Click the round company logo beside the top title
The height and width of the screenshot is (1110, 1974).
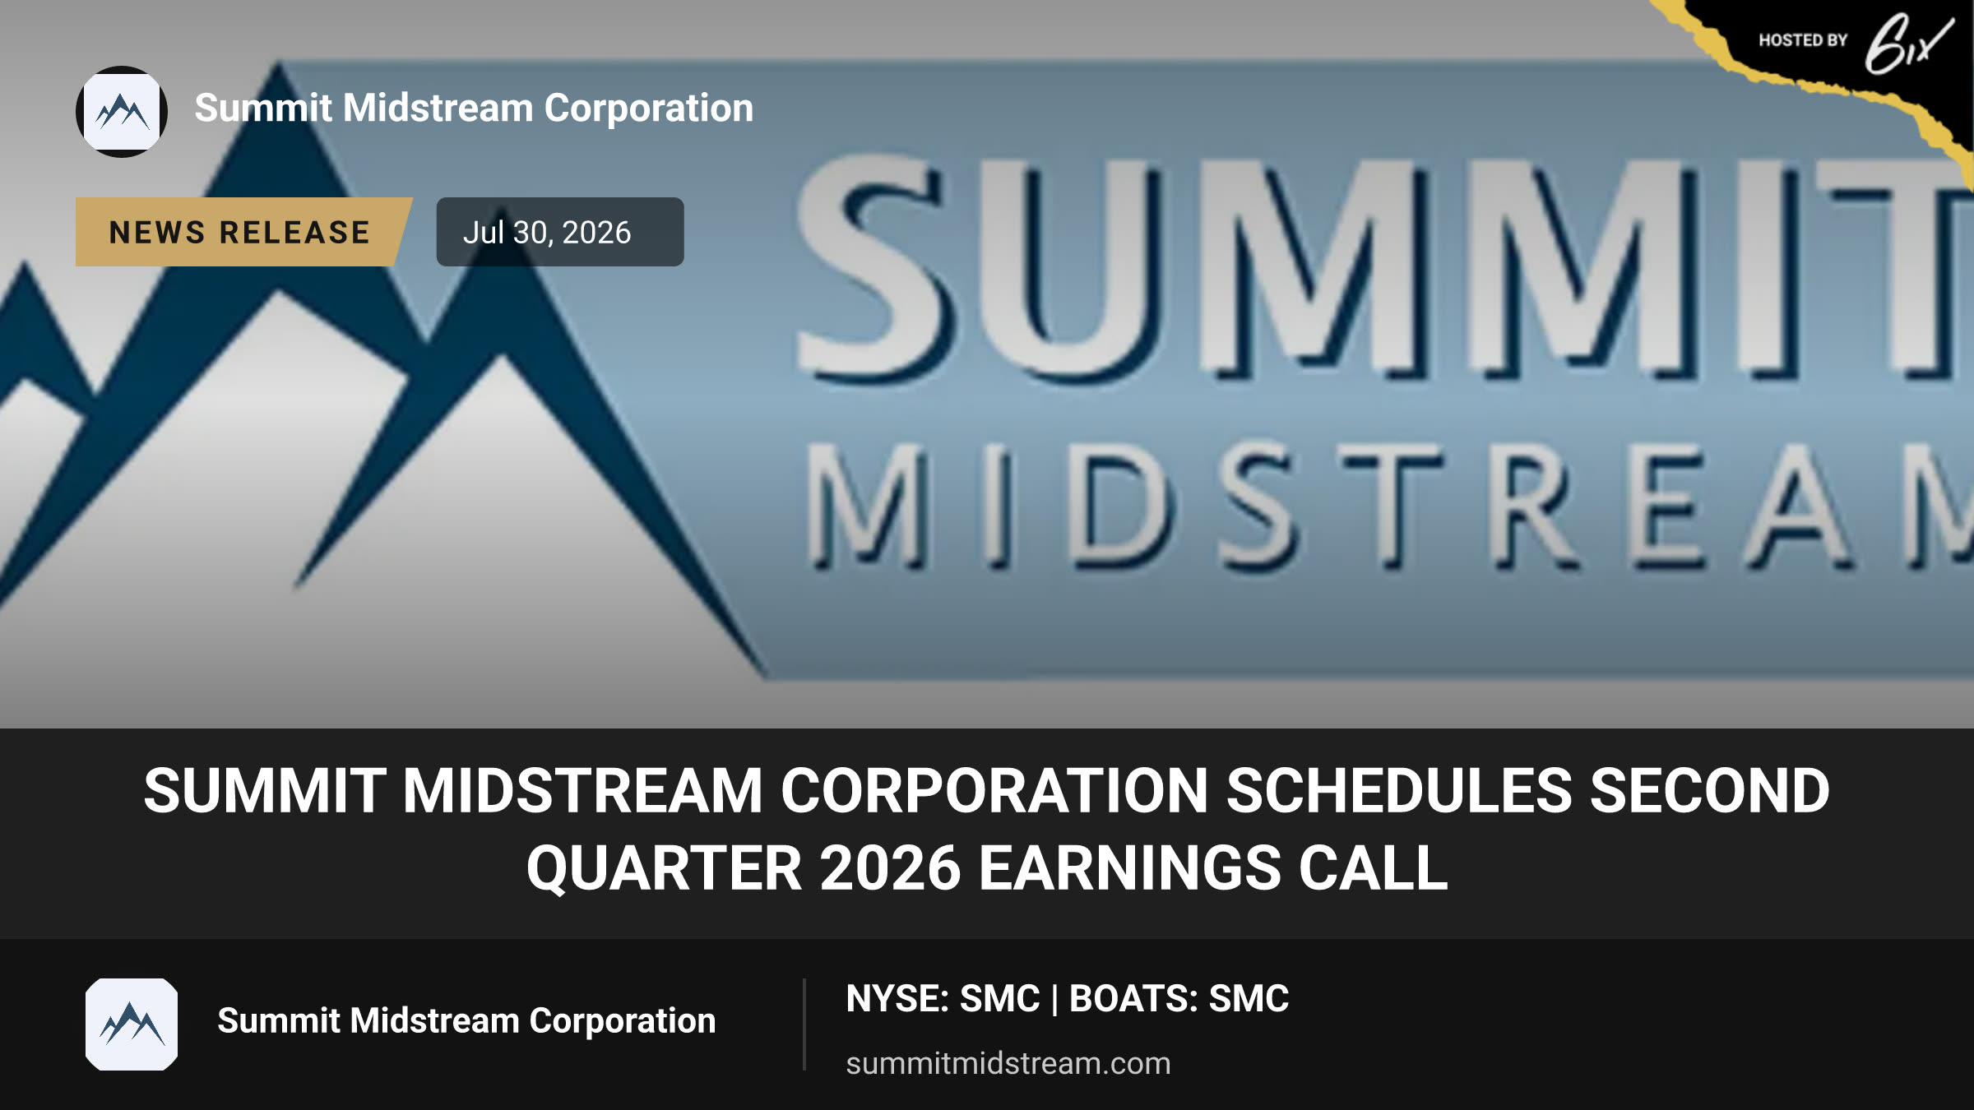(122, 112)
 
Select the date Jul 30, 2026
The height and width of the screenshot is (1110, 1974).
(547, 233)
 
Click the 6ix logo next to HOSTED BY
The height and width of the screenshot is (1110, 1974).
(1908, 44)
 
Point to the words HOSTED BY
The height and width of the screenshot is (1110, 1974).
(1803, 40)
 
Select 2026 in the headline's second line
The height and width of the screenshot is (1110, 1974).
(890, 868)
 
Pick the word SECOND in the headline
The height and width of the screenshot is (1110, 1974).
(1710, 791)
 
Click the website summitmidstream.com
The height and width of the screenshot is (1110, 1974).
(1008, 1063)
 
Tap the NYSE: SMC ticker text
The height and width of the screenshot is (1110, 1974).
(943, 999)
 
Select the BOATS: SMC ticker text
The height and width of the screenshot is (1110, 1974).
(1179, 999)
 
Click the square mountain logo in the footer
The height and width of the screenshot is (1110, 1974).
(132, 1024)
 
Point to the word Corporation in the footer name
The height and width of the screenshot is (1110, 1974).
(623, 1020)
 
